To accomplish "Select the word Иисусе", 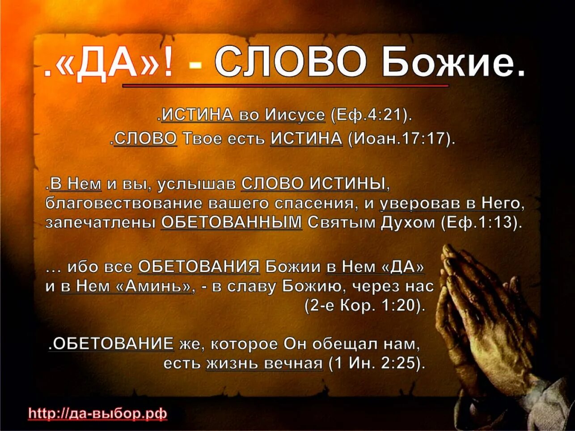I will [295, 115].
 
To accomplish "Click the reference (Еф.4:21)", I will [371, 115].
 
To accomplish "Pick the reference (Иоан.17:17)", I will [402, 139].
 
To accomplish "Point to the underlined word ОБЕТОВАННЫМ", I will [232, 222].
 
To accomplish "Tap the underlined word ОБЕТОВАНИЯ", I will [199, 267].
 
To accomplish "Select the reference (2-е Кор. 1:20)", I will [364, 306].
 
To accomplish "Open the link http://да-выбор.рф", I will [97, 414].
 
